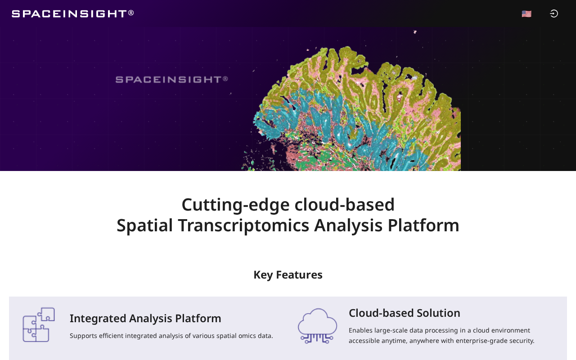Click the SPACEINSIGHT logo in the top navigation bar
[73, 13]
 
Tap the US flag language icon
[526, 13]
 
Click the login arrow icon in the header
[553, 13]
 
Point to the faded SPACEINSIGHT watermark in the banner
[171, 80]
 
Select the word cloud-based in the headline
[344, 205]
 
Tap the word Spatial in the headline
[144, 225]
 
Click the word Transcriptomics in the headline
[243, 225]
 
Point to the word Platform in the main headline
[423, 225]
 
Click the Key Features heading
[288, 275]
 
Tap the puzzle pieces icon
[39, 324]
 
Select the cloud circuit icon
[317, 326]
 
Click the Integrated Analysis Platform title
[145, 318]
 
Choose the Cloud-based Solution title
[405, 313]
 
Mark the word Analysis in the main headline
[348, 225]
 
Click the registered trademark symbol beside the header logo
[131, 13]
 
